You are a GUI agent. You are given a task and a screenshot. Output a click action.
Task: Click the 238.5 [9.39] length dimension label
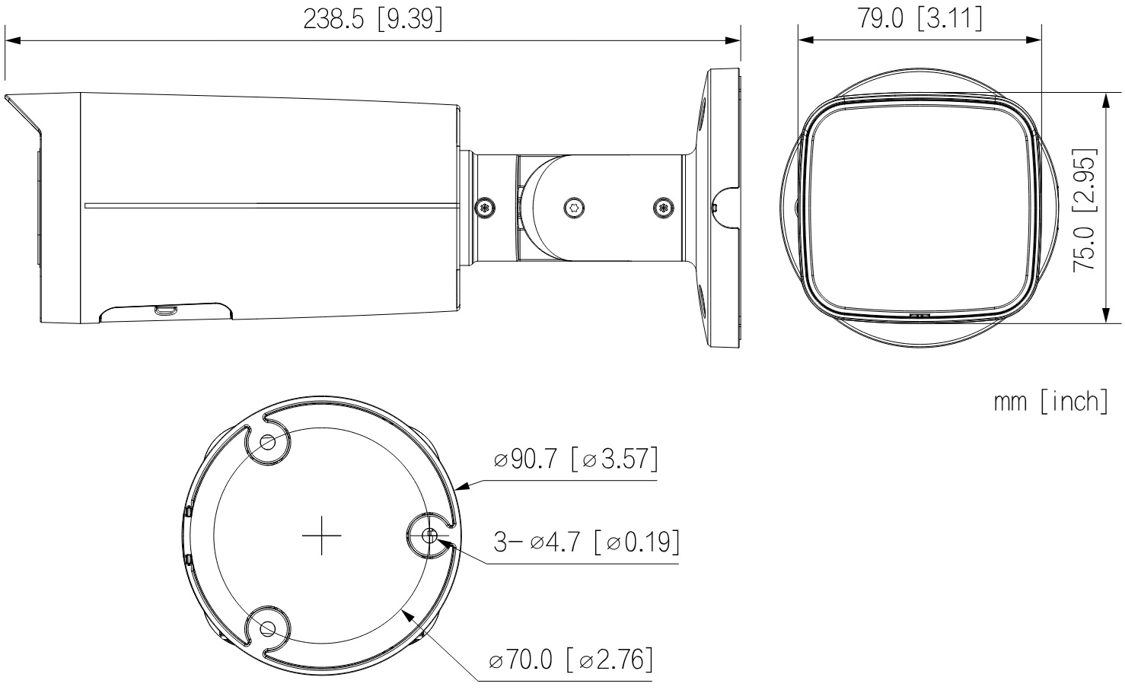[373, 20]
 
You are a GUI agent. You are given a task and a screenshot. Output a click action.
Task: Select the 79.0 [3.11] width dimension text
[919, 18]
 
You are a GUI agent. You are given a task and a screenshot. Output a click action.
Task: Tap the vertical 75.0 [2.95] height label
[1085, 211]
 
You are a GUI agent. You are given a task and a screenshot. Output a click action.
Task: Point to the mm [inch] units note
[1050, 402]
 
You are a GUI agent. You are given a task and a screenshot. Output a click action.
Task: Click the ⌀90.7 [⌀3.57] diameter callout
[575, 459]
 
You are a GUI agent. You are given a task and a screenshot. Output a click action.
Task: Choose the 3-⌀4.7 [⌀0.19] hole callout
[587, 542]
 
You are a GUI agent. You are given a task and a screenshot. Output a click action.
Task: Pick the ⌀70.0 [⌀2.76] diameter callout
[571, 659]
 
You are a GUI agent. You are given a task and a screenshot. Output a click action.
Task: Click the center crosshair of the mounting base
[321, 536]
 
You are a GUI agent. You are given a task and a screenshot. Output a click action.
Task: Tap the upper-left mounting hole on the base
[268, 443]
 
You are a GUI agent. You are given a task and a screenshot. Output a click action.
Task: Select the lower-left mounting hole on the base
[268, 628]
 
